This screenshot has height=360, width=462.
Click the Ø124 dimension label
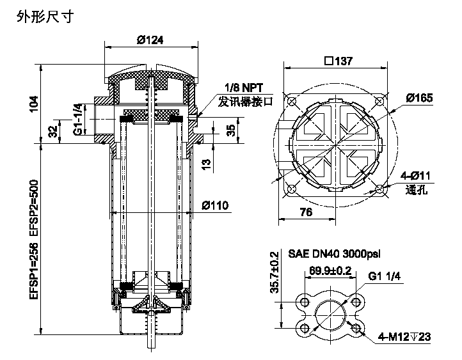pyautogui.click(x=150, y=40)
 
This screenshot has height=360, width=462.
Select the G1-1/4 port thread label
pyautogui.click(x=77, y=119)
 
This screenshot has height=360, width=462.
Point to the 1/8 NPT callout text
pyautogui.click(x=244, y=88)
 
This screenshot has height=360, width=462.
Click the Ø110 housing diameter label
pyautogui.click(x=215, y=205)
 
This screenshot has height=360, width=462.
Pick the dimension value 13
pyautogui.click(x=207, y=164)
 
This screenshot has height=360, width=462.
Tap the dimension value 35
pyautogui.click(x=231, y=130)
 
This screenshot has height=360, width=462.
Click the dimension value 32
pyautogui.click(x=52, y=131)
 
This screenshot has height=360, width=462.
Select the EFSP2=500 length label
pyautogui.click(x=34, y=208)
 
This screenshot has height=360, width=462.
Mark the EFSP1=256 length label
pyautogui.click(x=34, y=271)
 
